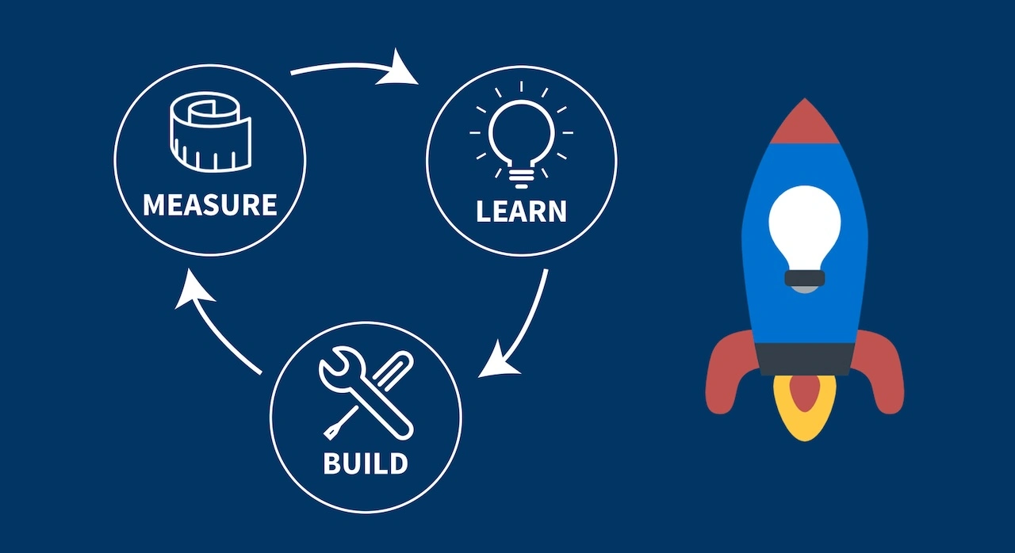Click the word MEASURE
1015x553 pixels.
[x=210, y=204]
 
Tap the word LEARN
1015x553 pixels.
[x=521, y=212]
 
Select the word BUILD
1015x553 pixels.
[x=366, y=463]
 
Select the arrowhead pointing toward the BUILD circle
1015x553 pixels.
[x=498, y=360]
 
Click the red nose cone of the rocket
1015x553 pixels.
[x=805, y=124]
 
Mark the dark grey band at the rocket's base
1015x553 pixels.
[x=805, y=359]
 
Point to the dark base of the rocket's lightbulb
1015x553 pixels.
[x=805, y=278]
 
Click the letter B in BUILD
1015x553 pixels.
[x=333, y=463]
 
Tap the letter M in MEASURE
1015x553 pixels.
[x=156, y=204]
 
